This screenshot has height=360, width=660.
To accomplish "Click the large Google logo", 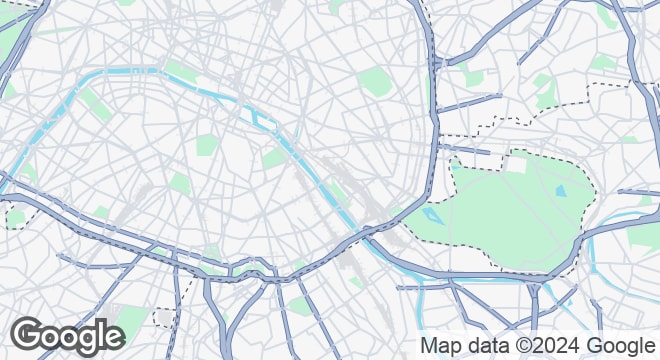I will [x=68, y=335].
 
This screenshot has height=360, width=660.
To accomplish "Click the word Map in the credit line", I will [x=438, y=346].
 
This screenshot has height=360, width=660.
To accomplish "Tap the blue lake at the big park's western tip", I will [x=432, y=214].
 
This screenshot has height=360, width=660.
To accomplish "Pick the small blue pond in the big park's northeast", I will [x=560, y=189].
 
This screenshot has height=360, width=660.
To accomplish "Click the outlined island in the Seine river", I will [x=266, y=121].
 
